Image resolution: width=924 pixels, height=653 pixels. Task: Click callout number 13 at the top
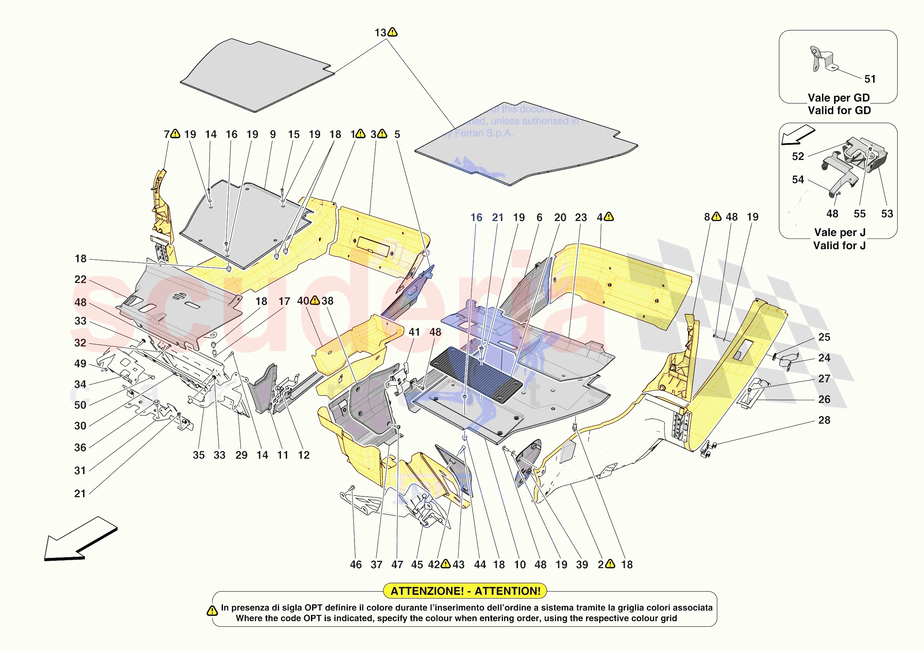pyautogui.click(x=380, y=33)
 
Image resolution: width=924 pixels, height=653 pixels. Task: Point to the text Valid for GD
pyautogui.click(x=839, y=110)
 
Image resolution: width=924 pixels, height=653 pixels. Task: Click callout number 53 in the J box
pyautogui.click(x=887, y=214)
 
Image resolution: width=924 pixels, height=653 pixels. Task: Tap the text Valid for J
pyautogui.click(x=839, y=245)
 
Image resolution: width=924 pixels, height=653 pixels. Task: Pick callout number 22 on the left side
pyautogui.click(x=80, y=279)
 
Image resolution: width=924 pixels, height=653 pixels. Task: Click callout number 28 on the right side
pyautogui.click(x=824, y=420)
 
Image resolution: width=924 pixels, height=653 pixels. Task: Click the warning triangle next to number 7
pyautogui.click(x=175, y=134)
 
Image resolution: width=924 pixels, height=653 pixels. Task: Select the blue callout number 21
pyautogui.click(x=497, y=217)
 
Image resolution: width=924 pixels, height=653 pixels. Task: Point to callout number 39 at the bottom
pyautogui.click(x=582, y=564)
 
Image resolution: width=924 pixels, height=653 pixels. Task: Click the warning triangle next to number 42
pyautogui.click(x=446, y=564)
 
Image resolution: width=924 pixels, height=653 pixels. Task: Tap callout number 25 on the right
pyautogui.click(x=824, y=337)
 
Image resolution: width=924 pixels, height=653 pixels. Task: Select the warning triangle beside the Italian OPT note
pyautogui.click(x=212, y=611)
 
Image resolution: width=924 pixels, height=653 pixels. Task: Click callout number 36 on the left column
pyautogui.click(x=80, y=447)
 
